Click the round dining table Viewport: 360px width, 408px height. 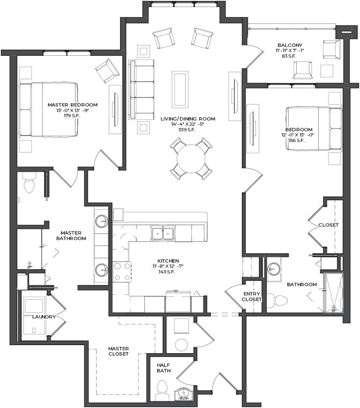click(x=191, y=159)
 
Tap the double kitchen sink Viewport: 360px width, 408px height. click(x=163, y=233)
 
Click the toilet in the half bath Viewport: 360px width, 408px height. click(x=162, y=390)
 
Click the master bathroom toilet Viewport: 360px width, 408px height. click(x=29, y=182)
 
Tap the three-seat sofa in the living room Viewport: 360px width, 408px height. click(x=141, y=90)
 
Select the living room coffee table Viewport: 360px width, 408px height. click(x=180, y=89)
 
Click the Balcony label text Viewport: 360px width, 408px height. click(x=290, y=45)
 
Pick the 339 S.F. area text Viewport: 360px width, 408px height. click(x=187, y=130)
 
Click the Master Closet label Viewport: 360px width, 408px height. click(x=118, y=351)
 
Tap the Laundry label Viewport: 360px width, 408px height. click(x=44, y=317)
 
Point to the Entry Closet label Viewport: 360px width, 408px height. click(x=252, y=296)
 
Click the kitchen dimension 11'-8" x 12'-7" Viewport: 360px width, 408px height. click(x=168, y=266)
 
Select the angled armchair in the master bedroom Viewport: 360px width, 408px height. click(x=107, y=71)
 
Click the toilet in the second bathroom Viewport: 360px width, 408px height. click(x=278, y=301)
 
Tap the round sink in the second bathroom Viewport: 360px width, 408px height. click(x=274, y=268)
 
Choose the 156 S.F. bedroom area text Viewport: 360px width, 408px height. click(x=297, y=141)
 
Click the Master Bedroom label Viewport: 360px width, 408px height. click(x=73, y=105)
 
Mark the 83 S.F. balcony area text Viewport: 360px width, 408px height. click(x=289, y=56)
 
